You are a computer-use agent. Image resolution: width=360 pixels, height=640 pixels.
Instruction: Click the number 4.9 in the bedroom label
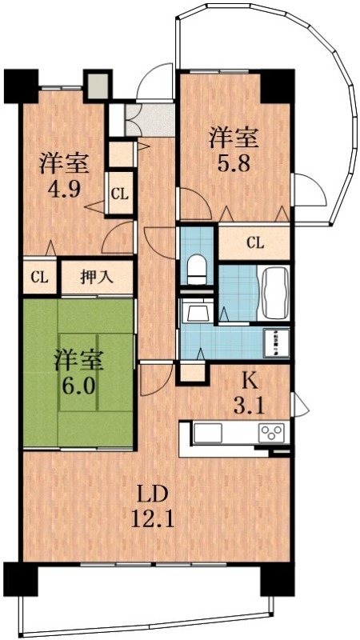(x=64, y=193)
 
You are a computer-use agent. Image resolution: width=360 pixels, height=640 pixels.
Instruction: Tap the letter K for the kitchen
(x=251, y=378)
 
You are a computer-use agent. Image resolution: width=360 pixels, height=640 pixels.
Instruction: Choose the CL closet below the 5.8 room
(x=255, y=242)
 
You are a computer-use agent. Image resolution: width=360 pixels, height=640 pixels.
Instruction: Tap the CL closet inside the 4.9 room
(x=120, y=194)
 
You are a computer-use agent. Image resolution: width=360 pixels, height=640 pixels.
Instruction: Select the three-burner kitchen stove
(x=270, y=433)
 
